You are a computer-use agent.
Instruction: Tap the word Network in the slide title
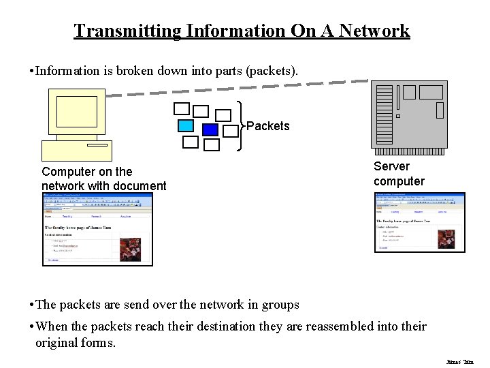(374, 31)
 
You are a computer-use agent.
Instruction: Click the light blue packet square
(185, 125)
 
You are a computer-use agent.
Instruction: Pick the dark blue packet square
(210, 129)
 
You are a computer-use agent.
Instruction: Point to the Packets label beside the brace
(267, 126)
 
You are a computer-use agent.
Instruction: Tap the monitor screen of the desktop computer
(76, 112)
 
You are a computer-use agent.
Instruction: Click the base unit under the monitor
(76, 150)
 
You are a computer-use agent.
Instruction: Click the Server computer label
(399, 173)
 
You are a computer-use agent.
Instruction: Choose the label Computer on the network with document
(103, 179)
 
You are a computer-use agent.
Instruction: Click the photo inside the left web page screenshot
(131, 248)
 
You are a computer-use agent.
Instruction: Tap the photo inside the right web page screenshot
(447, 239)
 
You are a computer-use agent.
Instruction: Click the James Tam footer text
(459, 361)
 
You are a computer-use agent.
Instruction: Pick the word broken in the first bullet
(129, 71)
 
